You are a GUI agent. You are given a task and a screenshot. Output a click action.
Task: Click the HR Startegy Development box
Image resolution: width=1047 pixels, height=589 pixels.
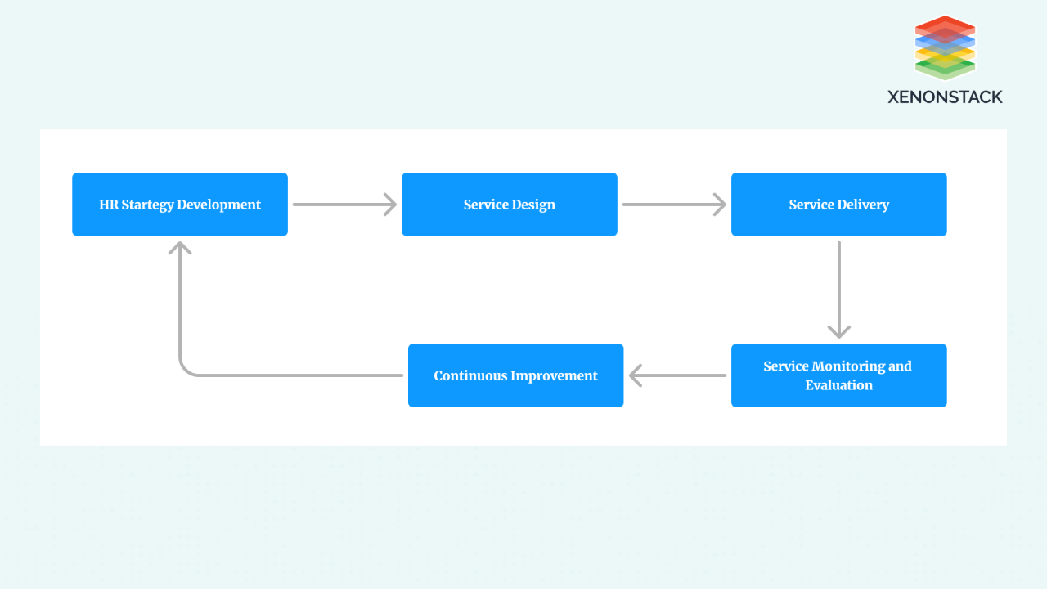point(180,205)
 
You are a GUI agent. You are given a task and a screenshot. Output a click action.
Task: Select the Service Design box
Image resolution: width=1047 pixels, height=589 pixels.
point(510,205)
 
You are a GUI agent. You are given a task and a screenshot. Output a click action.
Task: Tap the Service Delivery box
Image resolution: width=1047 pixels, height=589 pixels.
point(839,205)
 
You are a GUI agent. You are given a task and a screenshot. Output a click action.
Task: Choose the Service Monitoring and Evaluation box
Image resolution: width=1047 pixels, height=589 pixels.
point(839,375)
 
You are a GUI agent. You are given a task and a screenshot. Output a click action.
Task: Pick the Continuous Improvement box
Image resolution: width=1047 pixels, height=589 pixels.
point(515,375)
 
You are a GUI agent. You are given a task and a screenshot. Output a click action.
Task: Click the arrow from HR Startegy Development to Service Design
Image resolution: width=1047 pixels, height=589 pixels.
point(345,205)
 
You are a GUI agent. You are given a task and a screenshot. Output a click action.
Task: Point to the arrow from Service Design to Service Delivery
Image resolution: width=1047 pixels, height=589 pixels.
point(675,205)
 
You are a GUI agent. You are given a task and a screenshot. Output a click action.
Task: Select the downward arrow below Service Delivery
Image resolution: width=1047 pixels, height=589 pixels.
point(839,290)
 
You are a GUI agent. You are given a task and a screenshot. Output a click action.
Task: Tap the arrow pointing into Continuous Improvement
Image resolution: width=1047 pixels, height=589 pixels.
point(678,375)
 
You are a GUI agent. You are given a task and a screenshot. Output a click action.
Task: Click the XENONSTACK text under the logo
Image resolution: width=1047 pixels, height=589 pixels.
point(945,97)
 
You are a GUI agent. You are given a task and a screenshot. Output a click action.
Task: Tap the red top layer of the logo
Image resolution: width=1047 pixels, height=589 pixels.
point(945,26)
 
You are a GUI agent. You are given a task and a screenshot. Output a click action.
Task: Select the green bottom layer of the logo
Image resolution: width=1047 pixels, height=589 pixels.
point(945,69)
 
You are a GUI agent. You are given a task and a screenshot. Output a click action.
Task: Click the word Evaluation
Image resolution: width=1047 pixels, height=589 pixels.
point(838,385)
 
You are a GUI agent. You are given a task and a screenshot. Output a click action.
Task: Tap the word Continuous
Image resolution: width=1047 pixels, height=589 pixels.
point(470,375)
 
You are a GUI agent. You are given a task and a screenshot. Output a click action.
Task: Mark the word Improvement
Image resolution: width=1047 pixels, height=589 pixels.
point(554,375)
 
